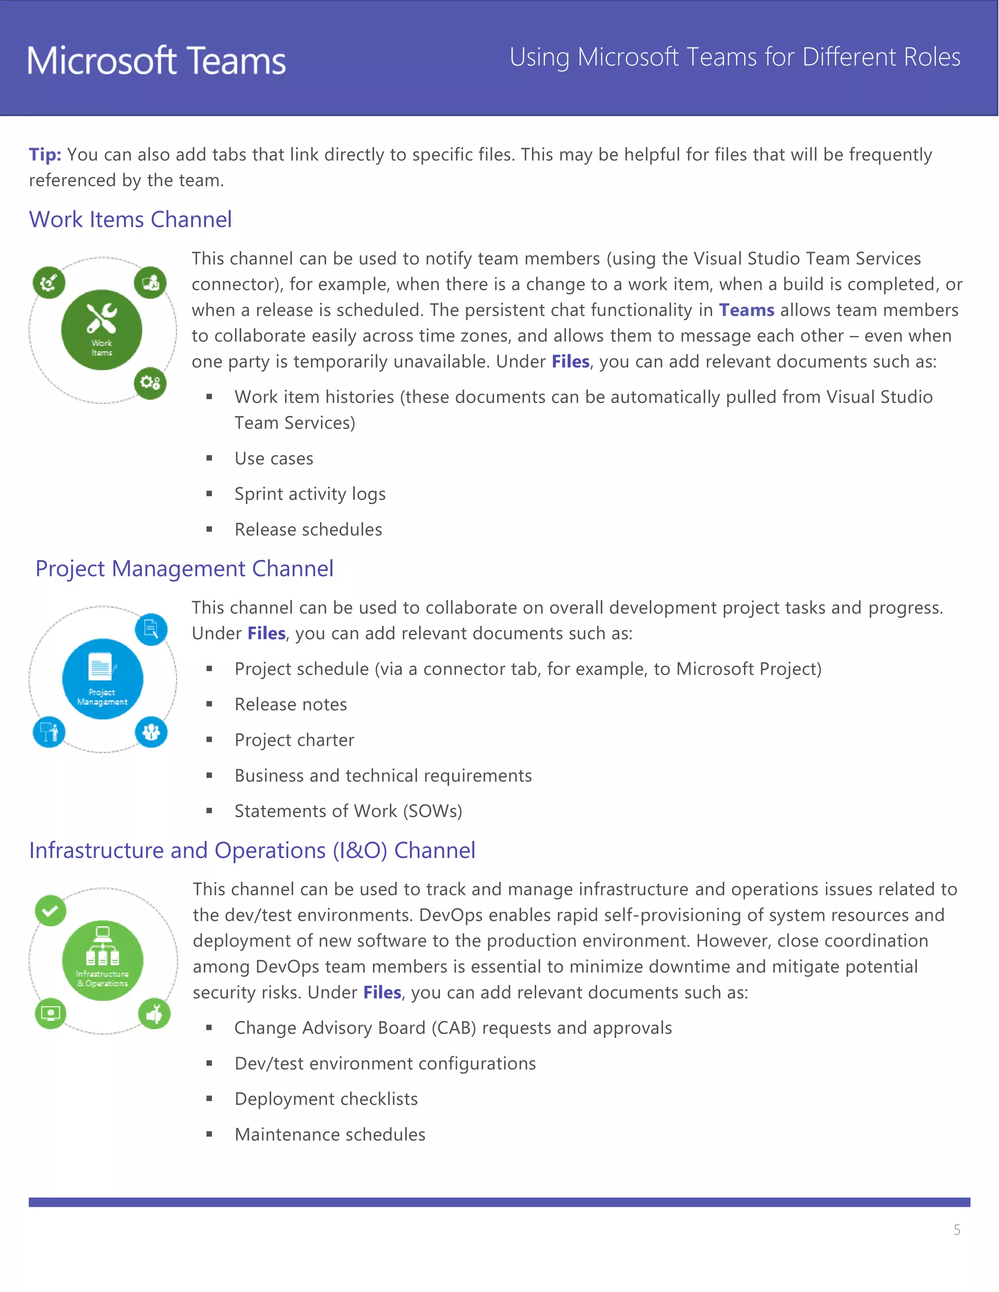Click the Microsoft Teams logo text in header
click(156, 61)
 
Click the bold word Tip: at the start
click(45, 155)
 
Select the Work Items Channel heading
click(130, 219)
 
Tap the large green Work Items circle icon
click(102, 330)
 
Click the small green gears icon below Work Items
click(150, 383)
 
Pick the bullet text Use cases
click(274, 458)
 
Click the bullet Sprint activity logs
click(310, 494)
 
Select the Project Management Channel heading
click(184, 568)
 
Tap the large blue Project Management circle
click(102, 679)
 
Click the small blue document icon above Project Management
click(151, 629)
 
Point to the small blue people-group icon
click(151, 732)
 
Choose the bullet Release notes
click(291, 705)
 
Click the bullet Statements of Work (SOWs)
click(348, 811)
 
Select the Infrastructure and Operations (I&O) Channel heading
click(252, 850)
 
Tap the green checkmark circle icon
click(50, 910)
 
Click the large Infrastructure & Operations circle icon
click(102, 960)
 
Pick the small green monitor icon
click(50, 1014)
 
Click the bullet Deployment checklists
click(326, 1099)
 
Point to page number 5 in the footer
click(957, 1230)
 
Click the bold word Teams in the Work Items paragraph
click(746, 310)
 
